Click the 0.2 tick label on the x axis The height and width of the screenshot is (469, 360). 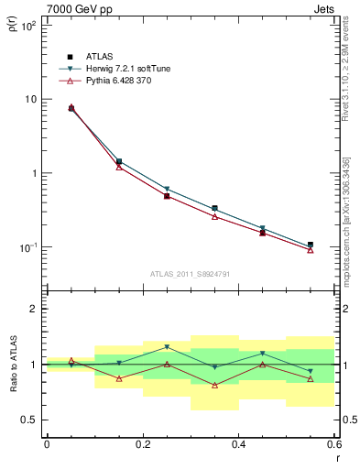pyautogui.click(x=142, y=443)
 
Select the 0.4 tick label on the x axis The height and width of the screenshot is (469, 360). pyautogui.click(x=238, y=443)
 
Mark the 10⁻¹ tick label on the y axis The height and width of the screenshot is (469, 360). pyautogui.click(x=27, y=247)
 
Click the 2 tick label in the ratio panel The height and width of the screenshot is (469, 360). pyautogui.click(x=33, y=309)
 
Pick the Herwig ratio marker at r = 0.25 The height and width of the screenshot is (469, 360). pyautogui.click(x=167, y=347)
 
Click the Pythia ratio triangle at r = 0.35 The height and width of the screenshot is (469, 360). pyautogui.click(x=214, y=385)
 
